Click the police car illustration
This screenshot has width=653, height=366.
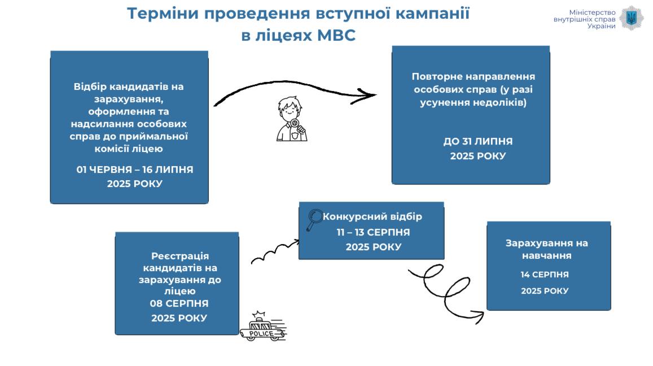click(x=263, y=326)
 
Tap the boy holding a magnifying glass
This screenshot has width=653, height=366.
click(x=291, y=119)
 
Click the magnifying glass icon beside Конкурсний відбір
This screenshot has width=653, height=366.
click(x=314, y=220)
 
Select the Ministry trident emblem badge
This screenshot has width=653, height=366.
click(x=632, y=18)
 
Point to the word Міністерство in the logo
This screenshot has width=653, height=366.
click(x=592, y=12)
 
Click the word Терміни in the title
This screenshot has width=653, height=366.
click(x=163, y=14)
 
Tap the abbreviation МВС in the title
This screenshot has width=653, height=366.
click(x=336, y=35)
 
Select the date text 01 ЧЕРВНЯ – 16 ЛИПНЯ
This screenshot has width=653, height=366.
click(x=135, y=169)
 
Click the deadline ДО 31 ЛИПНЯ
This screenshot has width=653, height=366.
click(x=477, y=141)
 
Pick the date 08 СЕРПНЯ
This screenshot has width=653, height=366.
click(x=179, y=303)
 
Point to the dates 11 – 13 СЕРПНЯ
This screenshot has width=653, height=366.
click(x=373, y=232)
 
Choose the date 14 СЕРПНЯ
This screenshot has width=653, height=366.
click(x=545, y=274)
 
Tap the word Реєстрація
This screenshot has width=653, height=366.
click(x=180, y=256)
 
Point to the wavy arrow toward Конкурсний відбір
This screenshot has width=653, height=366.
click(x=275, y=251)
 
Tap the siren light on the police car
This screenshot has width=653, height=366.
click(x=258, y=314)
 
